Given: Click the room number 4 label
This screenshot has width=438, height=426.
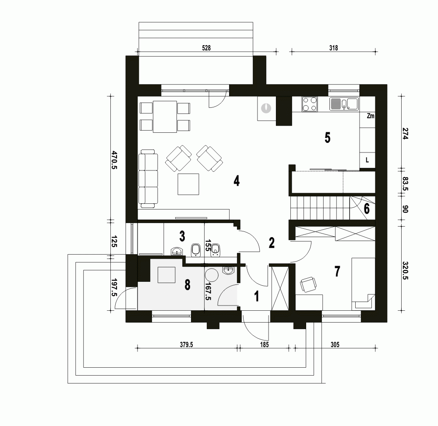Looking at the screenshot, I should click(x=237, y=181).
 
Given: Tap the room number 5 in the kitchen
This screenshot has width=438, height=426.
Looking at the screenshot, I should click(x=327, y=138).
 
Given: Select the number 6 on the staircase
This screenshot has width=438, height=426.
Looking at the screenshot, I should click(x=367, y=209).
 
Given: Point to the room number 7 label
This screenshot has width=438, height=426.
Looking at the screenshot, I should click(x=337, y=272).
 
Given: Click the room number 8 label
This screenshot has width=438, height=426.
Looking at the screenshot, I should click(x=187, y=285).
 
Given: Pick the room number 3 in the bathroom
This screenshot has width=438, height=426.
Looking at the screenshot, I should click(x=181, y=236).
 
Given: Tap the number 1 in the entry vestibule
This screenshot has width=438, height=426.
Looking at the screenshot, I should click(x=257, y=297).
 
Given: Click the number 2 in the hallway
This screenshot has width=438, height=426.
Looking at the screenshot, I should click(x=272, y=243).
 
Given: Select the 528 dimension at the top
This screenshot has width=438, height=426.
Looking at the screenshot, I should click(x=206, y=49).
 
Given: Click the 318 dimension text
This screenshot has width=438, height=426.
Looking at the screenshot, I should click(x=333, y=49).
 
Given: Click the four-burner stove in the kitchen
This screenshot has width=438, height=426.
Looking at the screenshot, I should click(x=310, y=105).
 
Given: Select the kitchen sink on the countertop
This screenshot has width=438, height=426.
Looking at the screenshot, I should click(x=344, y=104).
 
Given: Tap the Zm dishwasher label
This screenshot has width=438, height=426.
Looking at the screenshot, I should click(x=370, y=116).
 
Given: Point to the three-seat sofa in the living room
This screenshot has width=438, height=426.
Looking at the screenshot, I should click(x=148, y=178).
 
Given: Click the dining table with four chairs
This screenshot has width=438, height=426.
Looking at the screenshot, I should click(x=165, y=117).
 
